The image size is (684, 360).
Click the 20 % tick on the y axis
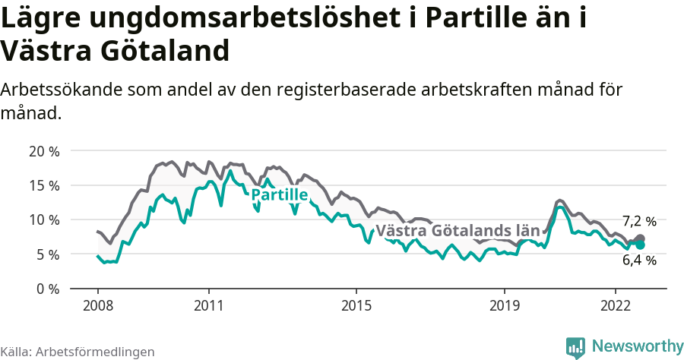coord(43,150)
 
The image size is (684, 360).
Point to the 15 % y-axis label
coord(43,185)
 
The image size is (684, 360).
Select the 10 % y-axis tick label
coord(43,219)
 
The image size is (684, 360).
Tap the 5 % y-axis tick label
coord(47,254)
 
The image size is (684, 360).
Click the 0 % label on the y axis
coord(47,289)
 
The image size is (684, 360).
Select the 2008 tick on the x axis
coord(97,305)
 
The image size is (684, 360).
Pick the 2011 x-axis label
coord(208,305)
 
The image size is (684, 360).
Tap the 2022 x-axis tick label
coord(615,305)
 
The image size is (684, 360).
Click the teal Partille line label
coord(279,195)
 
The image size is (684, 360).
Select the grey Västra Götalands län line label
coord(458,230)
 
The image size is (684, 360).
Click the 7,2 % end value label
coord(639,222)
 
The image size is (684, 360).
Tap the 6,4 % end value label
coord(639,261)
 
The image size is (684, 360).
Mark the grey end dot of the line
coord(640,239)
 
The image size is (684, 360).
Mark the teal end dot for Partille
coord(640,245)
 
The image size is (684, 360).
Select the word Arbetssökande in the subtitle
coord(63,90)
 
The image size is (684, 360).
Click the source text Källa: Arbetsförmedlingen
coord(78,352)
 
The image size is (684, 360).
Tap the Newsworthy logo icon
coord(575,347)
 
